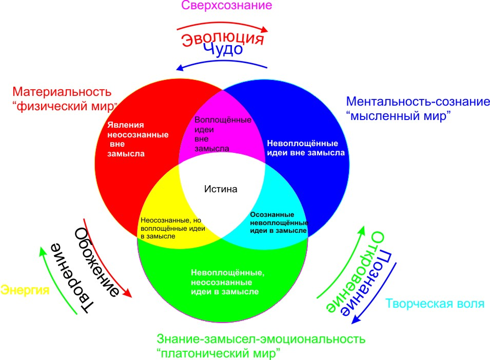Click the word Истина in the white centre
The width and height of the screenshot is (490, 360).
(x=221, y=189)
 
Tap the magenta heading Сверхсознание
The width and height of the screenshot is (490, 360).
(x=227, y=5)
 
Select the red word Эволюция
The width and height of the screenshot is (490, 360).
(x=223, y=38)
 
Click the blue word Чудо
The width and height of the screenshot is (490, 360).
(x=223, y=49)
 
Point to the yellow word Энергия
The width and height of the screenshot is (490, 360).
(x=25, y=290)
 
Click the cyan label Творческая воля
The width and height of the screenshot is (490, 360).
(x=435, y=303)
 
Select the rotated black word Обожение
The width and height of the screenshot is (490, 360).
(x=96, y=262)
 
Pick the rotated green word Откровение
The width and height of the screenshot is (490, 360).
(x=356, y=272)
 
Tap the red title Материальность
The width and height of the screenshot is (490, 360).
(x=62, y=92)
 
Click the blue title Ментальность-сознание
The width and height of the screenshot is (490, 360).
(x=418, y=102)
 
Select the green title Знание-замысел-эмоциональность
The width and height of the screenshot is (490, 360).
(x=261, y=339)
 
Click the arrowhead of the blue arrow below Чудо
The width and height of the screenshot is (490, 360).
(x=180, y=68)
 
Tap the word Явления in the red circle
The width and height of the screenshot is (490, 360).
(x=126, y=125)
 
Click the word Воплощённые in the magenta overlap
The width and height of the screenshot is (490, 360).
(x=223, y=120)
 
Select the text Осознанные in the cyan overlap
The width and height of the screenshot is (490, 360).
(x=272, y=215)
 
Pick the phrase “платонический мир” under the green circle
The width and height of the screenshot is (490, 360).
(x=219, y=353)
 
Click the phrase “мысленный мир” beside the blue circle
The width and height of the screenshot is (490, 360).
(x=399, y=116)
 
